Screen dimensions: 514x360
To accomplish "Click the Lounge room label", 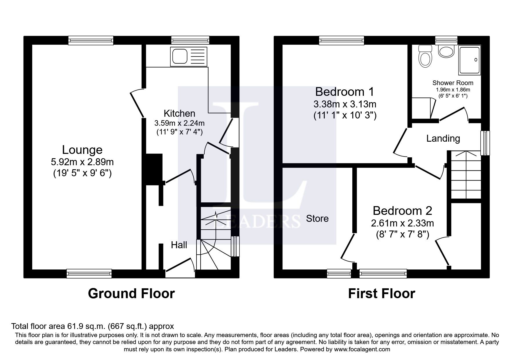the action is click(82, 150).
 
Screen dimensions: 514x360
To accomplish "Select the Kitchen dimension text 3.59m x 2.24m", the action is click(179, 123).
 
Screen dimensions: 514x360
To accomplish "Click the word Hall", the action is click(179, 245).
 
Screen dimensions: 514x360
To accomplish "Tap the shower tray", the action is click(469, 60).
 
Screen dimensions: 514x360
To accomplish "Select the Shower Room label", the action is click(453, 83).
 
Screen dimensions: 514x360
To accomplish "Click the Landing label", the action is click(443, 138).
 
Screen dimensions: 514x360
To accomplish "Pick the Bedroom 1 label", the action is click(345, 92).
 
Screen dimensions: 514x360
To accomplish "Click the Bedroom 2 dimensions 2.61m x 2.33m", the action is click(403, 223).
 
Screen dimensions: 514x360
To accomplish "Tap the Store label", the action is click(317, 218).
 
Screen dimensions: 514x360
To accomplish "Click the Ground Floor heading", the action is click(131, 294).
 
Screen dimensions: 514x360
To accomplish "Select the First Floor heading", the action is click(381, 294).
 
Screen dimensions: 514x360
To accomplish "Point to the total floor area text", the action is click(92, 326).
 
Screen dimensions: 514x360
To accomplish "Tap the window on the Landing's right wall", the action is click(485, 143).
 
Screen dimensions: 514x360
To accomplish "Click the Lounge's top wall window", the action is click(91, 40).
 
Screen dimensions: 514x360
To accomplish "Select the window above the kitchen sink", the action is click(190, 40).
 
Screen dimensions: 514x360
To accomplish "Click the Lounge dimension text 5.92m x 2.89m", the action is click(82, 161).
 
